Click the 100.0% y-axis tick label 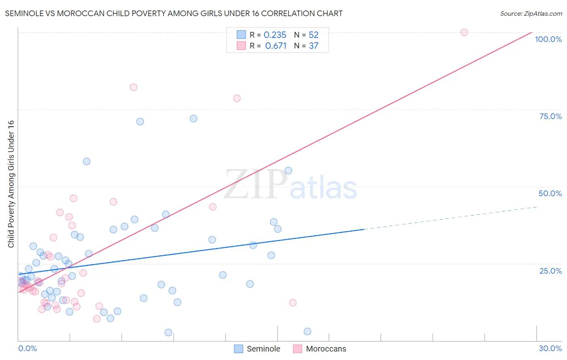pos(548,39)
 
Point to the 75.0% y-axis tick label pos(550,116)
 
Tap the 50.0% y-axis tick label pos(550,193)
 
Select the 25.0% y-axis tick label pos(550,271)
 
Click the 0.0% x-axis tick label pos(27,348)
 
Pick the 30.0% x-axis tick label pos(550,348)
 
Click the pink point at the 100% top pos(464,32)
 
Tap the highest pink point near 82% pos(133,87)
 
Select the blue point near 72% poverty pos(194,119)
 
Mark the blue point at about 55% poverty pos(288,171)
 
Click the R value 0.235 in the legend pos(275,35)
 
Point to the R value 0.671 pos(276,46)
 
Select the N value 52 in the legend pos(314,35)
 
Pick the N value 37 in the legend pos(314,46)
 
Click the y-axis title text pos(11,184)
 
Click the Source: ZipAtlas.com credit pos(531,14)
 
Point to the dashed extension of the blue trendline pos(452,218)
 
